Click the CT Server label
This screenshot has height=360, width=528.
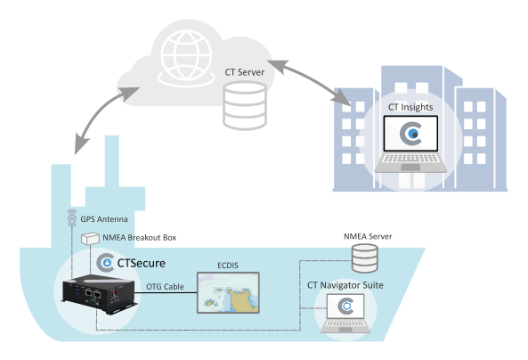click(245, 72)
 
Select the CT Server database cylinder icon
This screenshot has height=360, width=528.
click(245, 106)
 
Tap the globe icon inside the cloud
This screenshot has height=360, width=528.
click(186, 57)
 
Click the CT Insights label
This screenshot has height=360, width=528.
click(410, 107)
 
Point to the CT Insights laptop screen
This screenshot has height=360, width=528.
click(410, 134)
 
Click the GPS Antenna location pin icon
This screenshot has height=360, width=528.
click(71, 217)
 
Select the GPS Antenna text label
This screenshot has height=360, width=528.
click(104, 219)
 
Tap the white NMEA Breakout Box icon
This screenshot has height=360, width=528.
click(90, 238)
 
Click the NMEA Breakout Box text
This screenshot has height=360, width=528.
click(140, 238)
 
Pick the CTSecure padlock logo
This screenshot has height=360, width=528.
click(105, 263)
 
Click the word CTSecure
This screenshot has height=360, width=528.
click(142, 263)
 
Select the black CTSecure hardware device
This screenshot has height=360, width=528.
click(100, 294)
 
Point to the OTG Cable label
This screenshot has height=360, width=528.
click(165, 287)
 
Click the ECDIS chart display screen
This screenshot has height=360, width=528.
click(228, 293)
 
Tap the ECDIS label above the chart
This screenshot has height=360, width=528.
click(228, 266)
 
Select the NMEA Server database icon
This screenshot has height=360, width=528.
click(365, 258)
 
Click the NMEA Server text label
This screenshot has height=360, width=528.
click(368, 236)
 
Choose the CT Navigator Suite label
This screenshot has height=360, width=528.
click(345, 285)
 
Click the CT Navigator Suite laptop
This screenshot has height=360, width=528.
click(345, 314)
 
